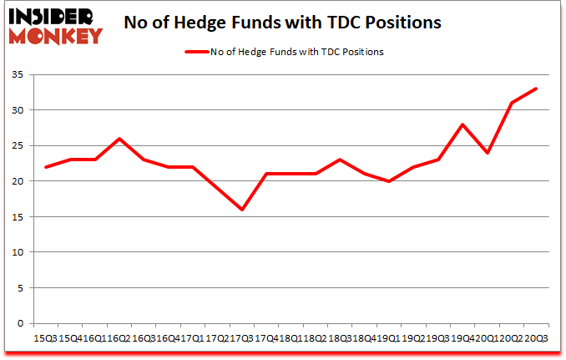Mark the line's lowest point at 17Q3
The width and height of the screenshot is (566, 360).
point(242,210)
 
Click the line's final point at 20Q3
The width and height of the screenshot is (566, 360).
point(536,89)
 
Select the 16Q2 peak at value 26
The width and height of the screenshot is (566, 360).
point(120,139)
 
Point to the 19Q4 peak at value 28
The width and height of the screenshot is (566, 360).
point(462,124)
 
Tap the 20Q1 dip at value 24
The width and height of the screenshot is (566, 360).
point(487,153)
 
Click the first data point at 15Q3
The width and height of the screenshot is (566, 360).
point(47,167)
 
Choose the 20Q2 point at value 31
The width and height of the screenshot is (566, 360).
point(511,103)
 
